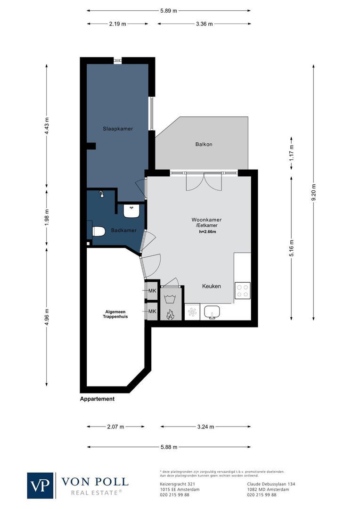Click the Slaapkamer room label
118,128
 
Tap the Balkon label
204,144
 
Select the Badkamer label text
124,230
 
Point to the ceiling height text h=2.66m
206,231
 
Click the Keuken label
212,286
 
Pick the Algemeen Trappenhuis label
116,314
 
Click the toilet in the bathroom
98,231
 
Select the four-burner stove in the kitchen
243,289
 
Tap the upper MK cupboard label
152,291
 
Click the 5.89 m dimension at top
169,10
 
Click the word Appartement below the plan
97,399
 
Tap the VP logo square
41,485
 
